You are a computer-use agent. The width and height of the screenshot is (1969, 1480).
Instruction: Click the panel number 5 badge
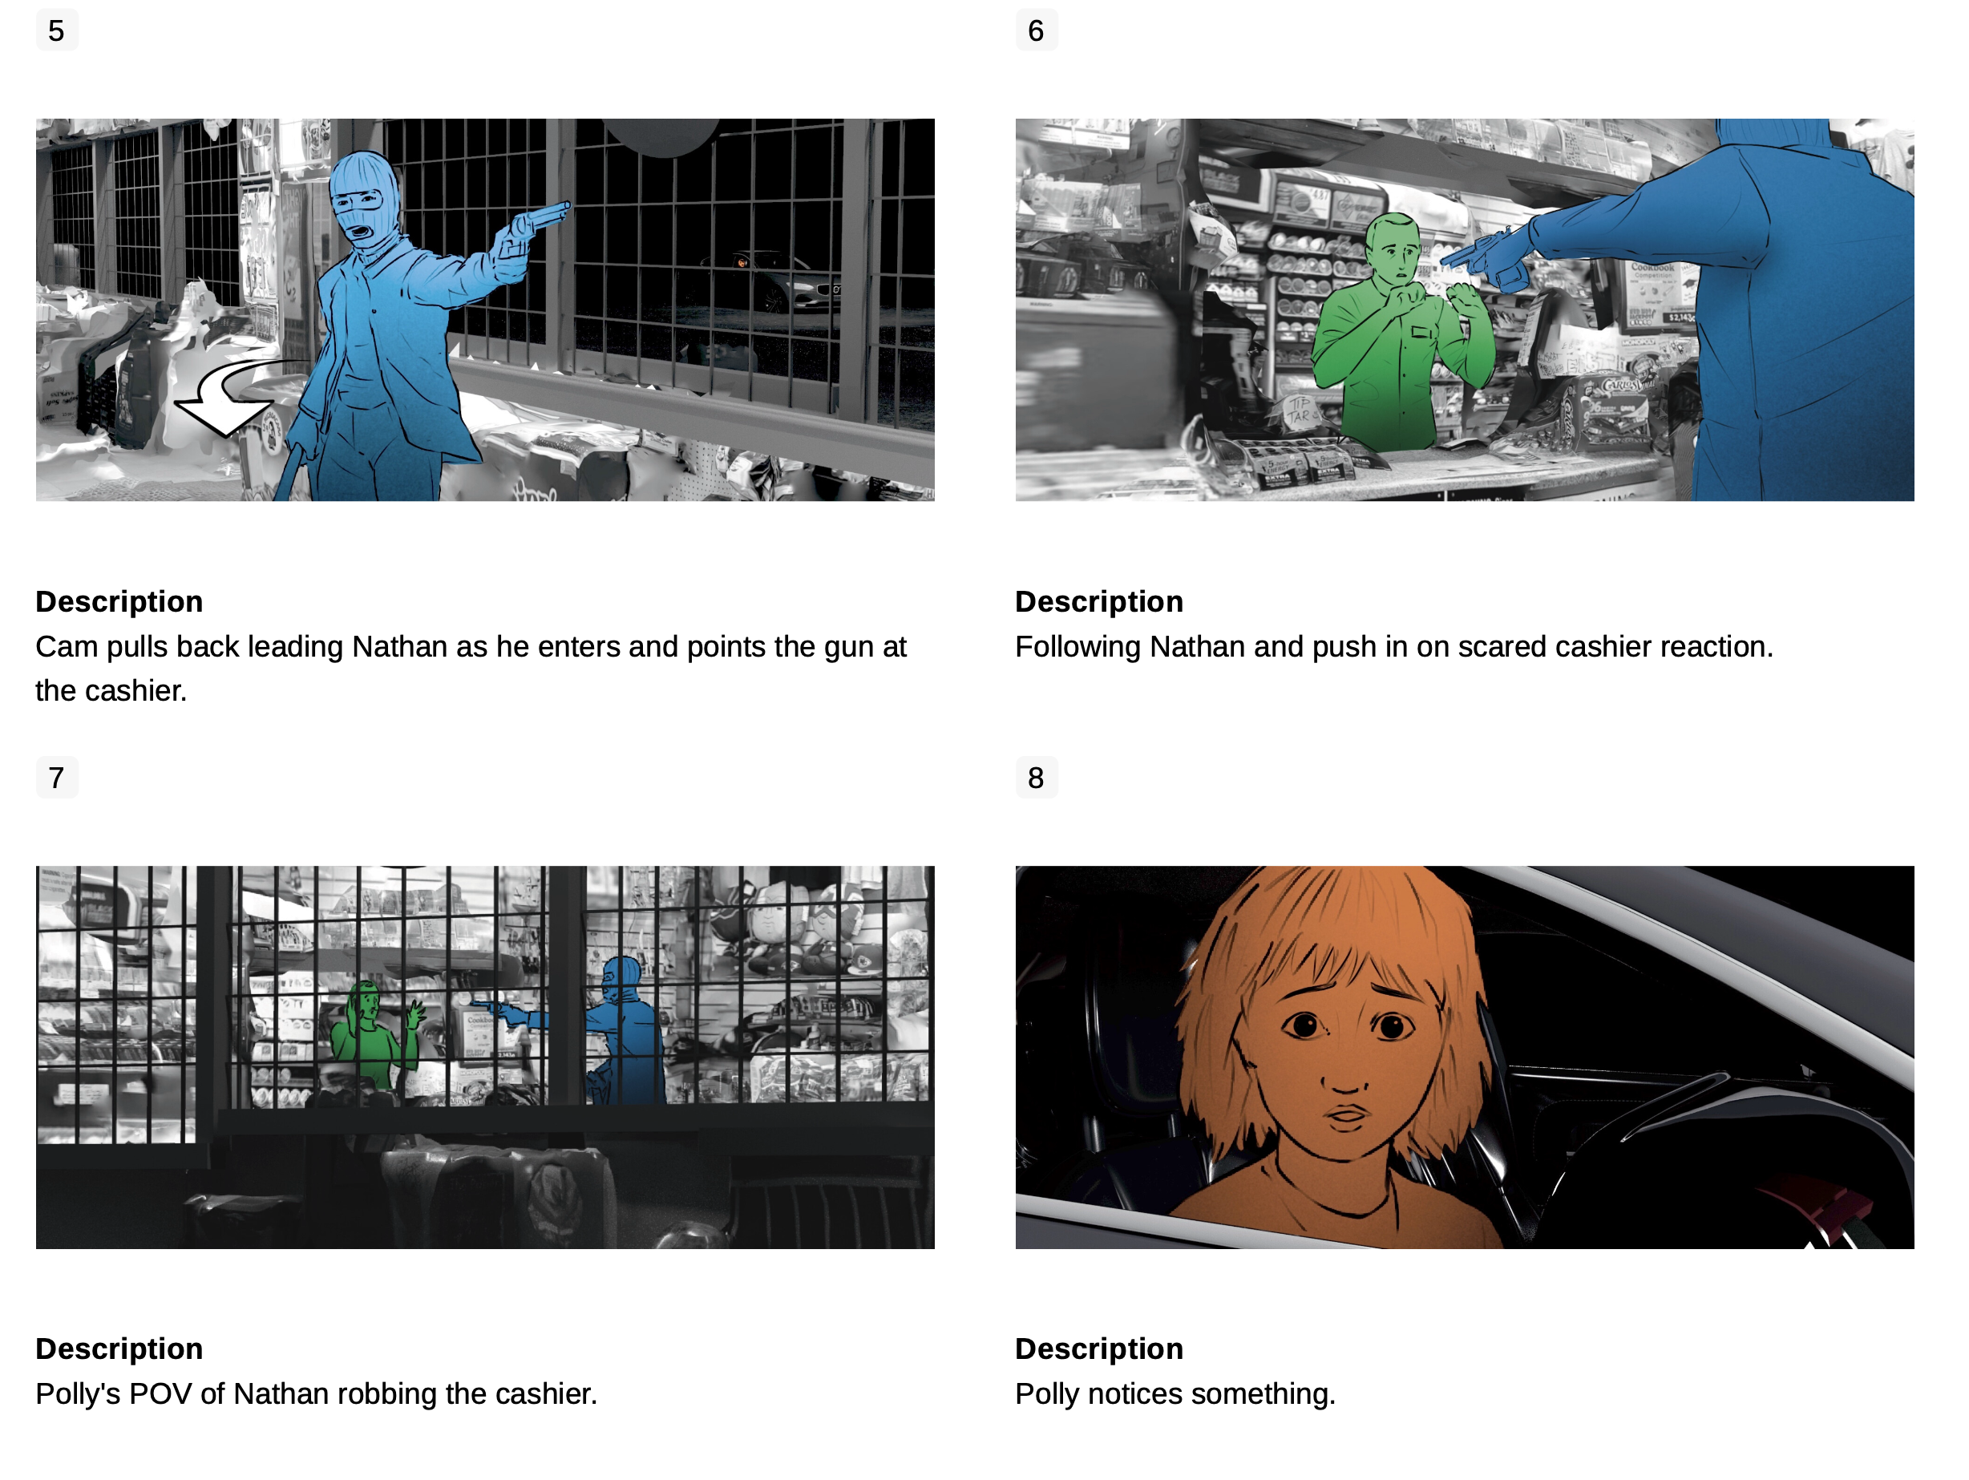tap(57, 30)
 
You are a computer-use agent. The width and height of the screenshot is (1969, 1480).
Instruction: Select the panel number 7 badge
tap(57, 778)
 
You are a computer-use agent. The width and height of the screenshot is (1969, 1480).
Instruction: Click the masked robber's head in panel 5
tap(364, 200)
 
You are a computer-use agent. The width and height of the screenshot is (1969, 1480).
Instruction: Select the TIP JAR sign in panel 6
tap(1299, 411)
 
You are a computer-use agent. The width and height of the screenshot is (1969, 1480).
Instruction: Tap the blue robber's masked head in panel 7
tap(621, 980)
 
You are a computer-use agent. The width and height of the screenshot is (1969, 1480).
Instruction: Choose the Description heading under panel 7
tap(119, 1349)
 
